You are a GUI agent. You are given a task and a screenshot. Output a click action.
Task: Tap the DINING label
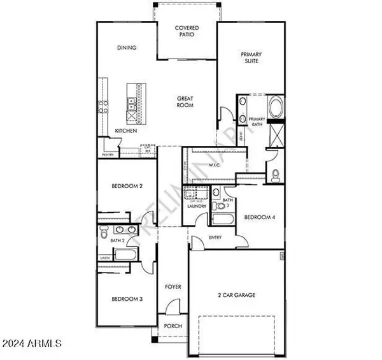click(x=127, y=48)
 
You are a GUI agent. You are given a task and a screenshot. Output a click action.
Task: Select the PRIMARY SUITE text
click(x=251, y=58)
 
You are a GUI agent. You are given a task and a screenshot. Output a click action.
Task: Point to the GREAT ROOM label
click(x=186, y=101)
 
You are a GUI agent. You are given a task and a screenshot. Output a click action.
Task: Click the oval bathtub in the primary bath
click(x=278, y=108)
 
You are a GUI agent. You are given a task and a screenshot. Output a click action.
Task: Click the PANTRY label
click(x=108, y=154)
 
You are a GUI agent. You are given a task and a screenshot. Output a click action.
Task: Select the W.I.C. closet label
click(x=213, y=164)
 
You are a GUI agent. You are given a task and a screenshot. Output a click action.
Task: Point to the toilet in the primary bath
click(x=275, y=175)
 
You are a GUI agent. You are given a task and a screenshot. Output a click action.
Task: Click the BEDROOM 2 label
click(x=127, y=186)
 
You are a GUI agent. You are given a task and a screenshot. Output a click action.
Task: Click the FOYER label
click(x=174, y=287)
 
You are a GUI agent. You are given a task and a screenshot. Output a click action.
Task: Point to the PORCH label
click(x=173, y=326)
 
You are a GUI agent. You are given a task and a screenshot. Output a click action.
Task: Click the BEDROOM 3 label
click(x=127, y=299)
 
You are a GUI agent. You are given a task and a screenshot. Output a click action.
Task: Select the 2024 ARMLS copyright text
click(x=31, y=345)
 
